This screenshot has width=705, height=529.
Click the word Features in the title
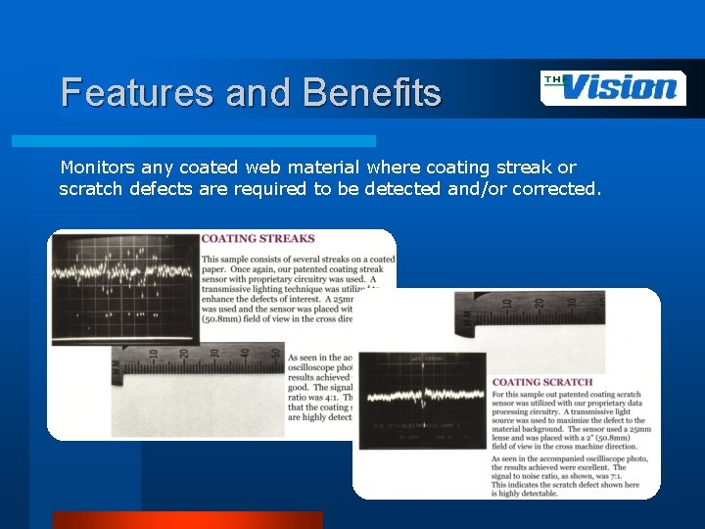[x=138, y=92]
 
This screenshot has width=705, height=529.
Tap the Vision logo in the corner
[x=613, y=88]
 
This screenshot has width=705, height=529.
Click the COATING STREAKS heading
[x=258, y=238]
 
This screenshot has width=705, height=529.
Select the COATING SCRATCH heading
[x=541, y=382]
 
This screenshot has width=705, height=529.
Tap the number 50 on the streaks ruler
[x=276, y=354]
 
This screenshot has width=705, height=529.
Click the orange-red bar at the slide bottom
[x=187, y=520]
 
